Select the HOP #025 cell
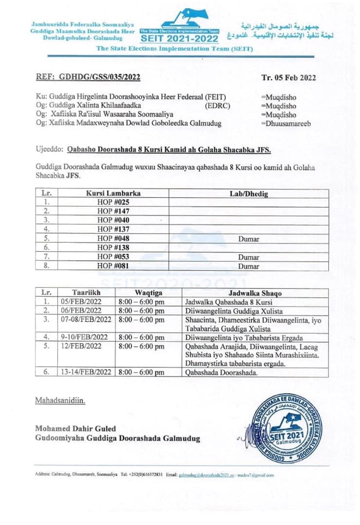113,202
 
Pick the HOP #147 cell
113,210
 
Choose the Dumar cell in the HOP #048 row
248,238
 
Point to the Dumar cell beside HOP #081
248,267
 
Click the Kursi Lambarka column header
113,193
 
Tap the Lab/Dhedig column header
248,193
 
